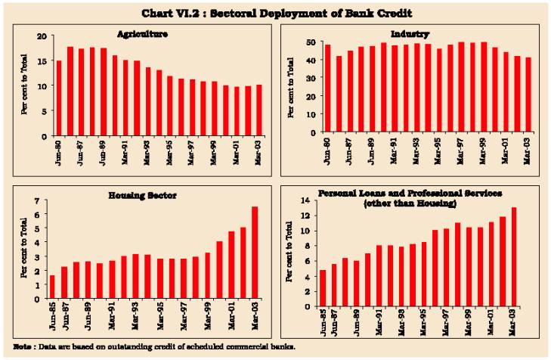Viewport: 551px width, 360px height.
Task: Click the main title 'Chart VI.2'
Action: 275,12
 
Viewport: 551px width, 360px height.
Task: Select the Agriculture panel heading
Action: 143,35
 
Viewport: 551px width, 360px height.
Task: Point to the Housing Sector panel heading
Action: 151,195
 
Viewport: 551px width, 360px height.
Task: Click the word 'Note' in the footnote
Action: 23,346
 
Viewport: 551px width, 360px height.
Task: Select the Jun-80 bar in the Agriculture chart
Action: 59,98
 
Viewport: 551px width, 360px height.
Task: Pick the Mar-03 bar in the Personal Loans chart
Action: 514,257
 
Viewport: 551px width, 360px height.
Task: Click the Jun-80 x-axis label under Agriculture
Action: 59,151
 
